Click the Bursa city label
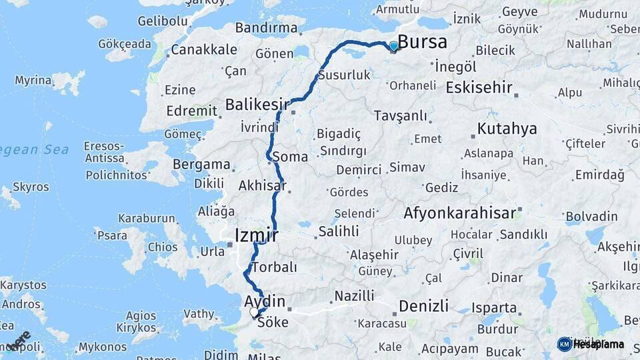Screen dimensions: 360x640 click(423, 42)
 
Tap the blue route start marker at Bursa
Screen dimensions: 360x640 click(394, 46)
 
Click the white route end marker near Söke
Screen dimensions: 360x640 click(254, 311)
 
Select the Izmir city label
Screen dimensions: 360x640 click(257, 235)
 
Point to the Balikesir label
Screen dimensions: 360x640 click(257, 105)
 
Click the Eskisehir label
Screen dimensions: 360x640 click(479, 87)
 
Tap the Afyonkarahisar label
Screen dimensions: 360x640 click(459, 213)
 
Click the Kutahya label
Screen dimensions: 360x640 click(507, 129)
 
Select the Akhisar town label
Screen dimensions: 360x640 click(262, 185)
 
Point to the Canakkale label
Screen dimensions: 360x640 click(203, 49)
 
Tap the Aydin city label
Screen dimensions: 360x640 click(265, 302)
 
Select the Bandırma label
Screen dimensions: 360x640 click(267, 28)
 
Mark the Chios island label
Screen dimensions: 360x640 click(163, 247)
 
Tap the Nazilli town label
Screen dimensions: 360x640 click(354, 295)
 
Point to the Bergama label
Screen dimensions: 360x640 click(201, 164)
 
